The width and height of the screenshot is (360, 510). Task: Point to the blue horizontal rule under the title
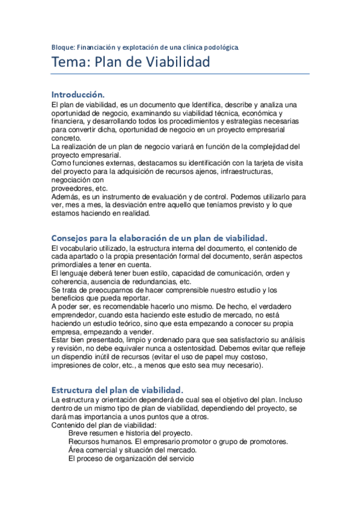(180, 74)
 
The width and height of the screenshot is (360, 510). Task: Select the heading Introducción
(78, 94)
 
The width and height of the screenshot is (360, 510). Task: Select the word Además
(66, 196)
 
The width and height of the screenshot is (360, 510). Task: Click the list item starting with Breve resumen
(130, 433)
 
